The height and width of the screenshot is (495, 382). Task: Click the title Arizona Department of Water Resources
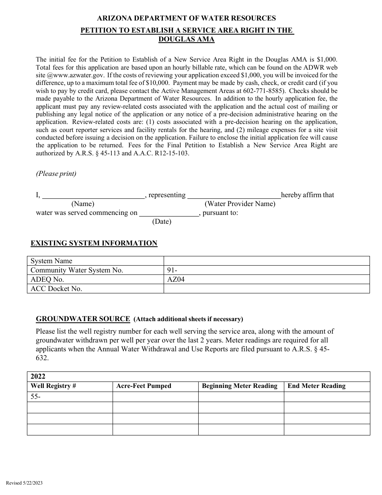click(x=187, y=18)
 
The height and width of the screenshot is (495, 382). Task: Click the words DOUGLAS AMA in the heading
click(x=187, y=39)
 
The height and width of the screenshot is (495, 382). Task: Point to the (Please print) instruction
click(x=56, y=174)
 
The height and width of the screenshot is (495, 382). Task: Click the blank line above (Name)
click(x=93, y=196)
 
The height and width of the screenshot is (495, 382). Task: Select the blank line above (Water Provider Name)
click(x=234, y=196)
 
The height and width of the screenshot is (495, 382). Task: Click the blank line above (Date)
click(x=169, y=213)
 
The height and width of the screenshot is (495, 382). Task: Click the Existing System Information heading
click(x=94, y=243)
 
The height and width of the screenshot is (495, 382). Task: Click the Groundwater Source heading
click(x=83, y=319)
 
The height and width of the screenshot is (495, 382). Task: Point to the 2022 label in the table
click(x=38, y=377)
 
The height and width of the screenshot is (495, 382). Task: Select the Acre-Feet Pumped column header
click(x=144, y=386)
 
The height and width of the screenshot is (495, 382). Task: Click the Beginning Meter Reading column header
click(x=240, y=386)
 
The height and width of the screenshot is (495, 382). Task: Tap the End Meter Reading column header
click(x=316, y=386)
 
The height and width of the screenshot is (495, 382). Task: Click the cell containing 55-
click(x=70, y=397)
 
